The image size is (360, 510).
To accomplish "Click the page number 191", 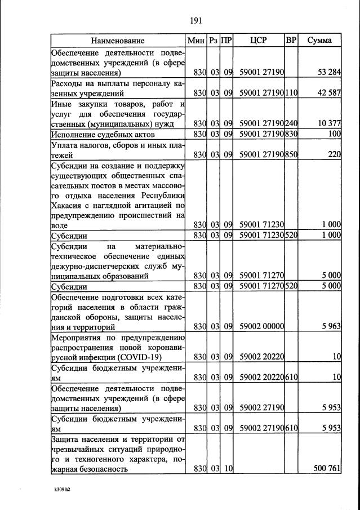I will coord(195,21).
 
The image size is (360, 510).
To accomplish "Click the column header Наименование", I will coord(118,41).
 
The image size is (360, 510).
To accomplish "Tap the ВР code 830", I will coord(291,134).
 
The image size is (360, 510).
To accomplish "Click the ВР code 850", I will coord(291,154).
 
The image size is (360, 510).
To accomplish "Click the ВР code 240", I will coord(291,124).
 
